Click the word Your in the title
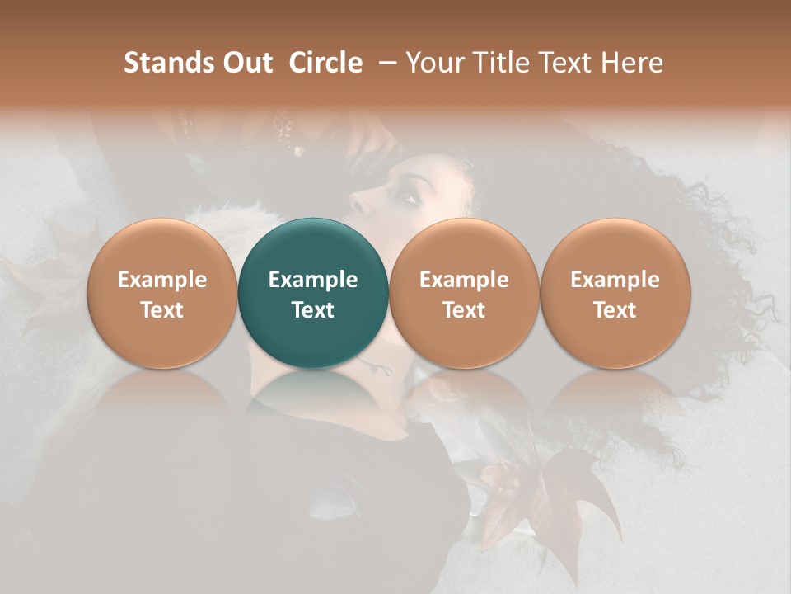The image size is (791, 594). click(433, 63)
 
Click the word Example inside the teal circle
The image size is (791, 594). click(312, 280)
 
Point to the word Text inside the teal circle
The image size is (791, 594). click(312, 310)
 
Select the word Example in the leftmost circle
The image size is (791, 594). click(161, 280)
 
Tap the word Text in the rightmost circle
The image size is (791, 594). click(615, 310)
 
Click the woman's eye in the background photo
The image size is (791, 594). click(406, 196)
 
